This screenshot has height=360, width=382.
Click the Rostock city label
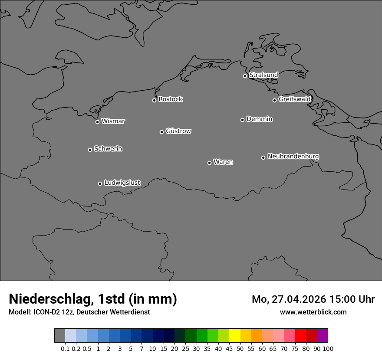[x=170, y=99]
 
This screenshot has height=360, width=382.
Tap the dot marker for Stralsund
[x=245, y=76]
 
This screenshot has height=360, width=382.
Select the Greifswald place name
[x=294, y=99]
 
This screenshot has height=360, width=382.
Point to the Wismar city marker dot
[x=97, y=122]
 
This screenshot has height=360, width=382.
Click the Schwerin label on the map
[x=108, y=149]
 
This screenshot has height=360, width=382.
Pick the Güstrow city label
[x=178, y=131]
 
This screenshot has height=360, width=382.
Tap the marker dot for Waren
[x=209, y=163]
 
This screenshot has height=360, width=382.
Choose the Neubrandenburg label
[x=293, y=156]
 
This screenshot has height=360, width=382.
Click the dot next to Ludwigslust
[x=100, y=183]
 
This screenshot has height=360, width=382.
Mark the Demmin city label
[x=259, y=119]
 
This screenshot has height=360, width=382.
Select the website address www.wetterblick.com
[x=313, y=312]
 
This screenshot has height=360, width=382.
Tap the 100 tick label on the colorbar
[x=328, y=348]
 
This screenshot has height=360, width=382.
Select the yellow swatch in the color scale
[x=235, y=336]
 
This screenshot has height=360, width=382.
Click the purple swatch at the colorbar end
[x=323, y=336]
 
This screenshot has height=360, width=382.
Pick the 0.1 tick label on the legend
[x=65, y=348]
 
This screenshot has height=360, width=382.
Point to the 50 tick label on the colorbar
[x=240, y=348]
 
